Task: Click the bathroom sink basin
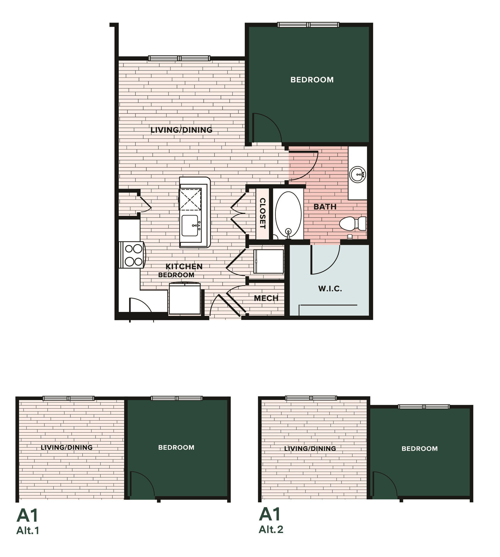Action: pyautogui.click(x=357, y=175)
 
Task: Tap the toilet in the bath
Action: pyautogui.click(x=352, y=224)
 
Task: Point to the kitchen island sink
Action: pyautogui.click(x=190, y=225)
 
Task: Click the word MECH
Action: pyautogui.click(x=266, y=298)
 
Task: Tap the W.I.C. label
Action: pyautogui.click(x=330, y=289)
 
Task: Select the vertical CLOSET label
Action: pyautogui.click(x=262, y=213)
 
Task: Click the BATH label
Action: pyautogui.click(x=325, y=207)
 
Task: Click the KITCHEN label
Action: pyautogui.click(x=184, y=266)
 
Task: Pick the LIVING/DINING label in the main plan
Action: pyautogui.click(x=181, y=130)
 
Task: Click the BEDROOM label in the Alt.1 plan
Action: pyautogui.click(x=176, y=447)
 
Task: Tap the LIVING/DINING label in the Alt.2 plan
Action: pyautogui.click(x=310, y=448)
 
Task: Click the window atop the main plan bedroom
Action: pyautogui.click(x=308, y=25)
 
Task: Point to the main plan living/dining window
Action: pyautogui.click(x=179, y=58)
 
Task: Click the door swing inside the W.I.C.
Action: pyautogui.click(x=324, y=260)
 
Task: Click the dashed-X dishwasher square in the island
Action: pyautogui.click(x=190, y=199)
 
